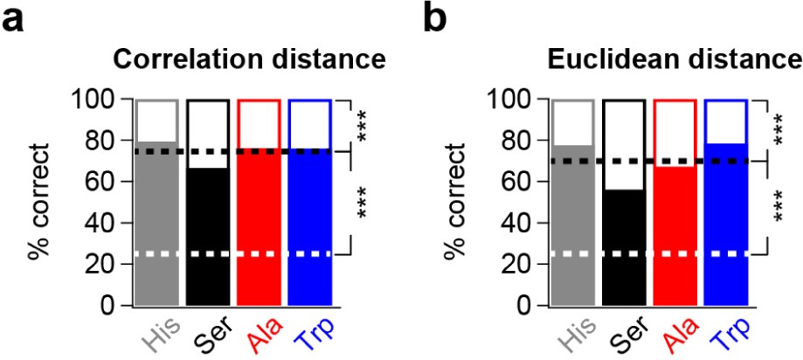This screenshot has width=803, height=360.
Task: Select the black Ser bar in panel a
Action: (x=208, y=236)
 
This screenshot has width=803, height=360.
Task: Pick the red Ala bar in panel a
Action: (x=259, y=227)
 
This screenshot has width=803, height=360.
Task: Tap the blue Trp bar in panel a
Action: (x=309, y=227)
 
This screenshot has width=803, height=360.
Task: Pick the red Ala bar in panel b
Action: (x=675, y=236)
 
